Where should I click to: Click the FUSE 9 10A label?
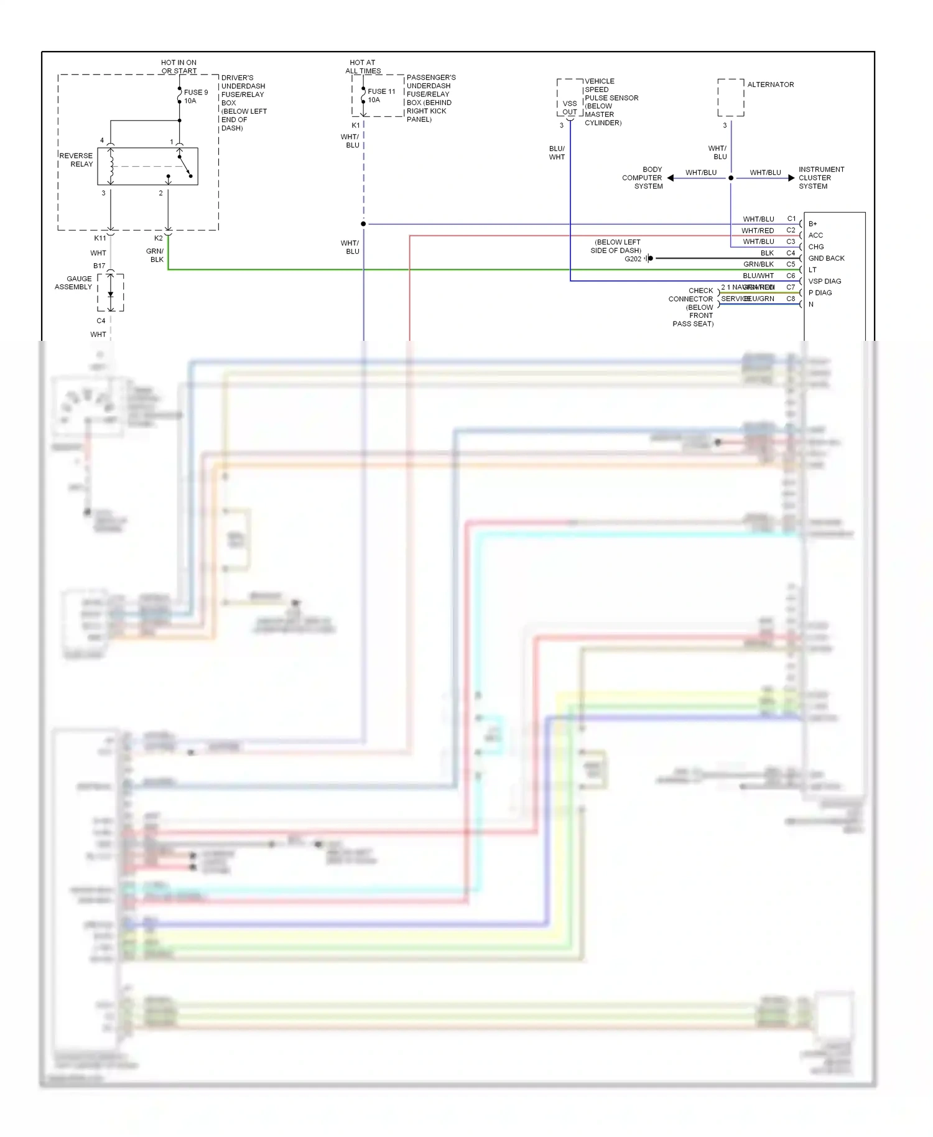196,96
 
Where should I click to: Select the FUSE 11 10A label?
381,95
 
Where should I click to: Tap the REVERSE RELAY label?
77,160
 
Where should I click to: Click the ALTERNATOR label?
770,85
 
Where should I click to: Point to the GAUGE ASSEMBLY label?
73,283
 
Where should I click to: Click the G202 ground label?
633,259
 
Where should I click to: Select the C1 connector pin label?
791,219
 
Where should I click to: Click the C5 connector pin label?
791,264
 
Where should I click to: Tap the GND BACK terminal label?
826,258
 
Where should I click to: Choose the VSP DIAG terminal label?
824,281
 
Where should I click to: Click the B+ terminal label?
812,224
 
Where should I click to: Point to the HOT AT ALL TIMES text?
363,67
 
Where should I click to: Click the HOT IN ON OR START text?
179,67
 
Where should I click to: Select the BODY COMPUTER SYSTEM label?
644,178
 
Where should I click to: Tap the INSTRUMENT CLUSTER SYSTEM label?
821,178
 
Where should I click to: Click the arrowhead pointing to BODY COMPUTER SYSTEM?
671,178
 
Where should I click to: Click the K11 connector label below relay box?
100,238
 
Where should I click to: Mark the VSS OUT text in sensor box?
569,108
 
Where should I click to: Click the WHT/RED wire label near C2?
757,231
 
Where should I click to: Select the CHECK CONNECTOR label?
692,295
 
